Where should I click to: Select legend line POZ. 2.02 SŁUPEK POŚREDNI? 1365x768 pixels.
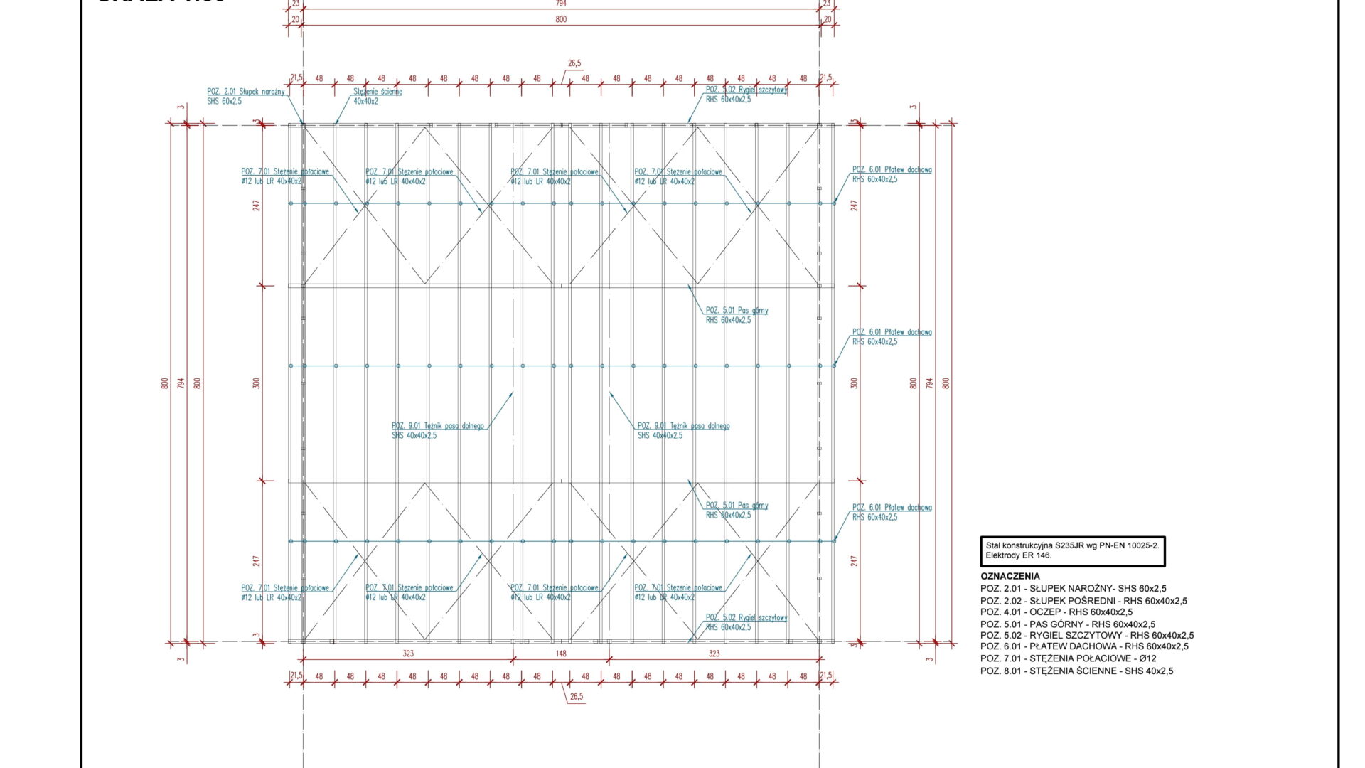[x=1083, y=600]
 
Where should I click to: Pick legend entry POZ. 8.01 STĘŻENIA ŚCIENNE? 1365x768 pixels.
[x=1076, y=671]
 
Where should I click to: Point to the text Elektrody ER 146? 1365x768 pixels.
[x=1018, y=555]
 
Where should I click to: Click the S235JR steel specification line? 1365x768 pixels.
[x=1072, y=545]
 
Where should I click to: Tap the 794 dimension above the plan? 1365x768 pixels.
[x=561, y=4]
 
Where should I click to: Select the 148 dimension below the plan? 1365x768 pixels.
[x=561, y=653]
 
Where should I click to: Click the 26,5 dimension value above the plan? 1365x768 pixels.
[x=574, y=63]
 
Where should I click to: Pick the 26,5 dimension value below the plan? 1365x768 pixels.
[x=576, y=697]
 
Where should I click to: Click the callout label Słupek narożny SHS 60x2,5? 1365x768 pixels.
[x=245, y=96]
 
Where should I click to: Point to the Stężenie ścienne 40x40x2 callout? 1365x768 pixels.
[x=377, y=96]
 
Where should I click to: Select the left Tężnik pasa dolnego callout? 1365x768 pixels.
[x=437, y=430]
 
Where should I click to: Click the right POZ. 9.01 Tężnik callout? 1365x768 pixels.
[x=682, y=430]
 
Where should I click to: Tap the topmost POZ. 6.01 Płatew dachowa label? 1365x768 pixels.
[x=892, y=174]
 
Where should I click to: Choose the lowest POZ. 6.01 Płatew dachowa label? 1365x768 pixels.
[x=892, y=512]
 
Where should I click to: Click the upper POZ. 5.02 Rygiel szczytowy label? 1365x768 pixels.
[x=746, y=95]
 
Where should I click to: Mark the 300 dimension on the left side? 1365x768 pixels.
[x=257, y=383]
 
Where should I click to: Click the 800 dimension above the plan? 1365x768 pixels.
[x=561, y=19]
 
